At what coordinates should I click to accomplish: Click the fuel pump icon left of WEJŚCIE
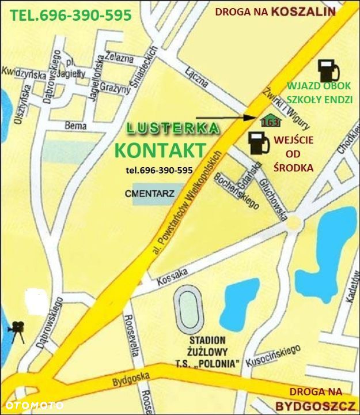point(259,142)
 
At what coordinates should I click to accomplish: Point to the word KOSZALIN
point(304,11)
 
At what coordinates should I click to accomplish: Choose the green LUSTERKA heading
point(172,128)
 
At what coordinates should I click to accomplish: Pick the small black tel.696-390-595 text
point(159,171)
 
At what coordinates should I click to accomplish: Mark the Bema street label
point(75,126)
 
